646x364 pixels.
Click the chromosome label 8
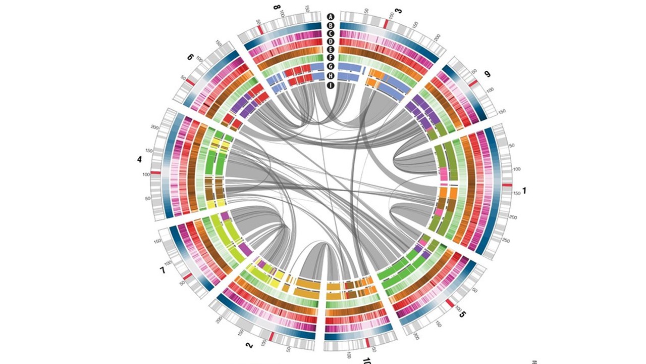click(276, 8)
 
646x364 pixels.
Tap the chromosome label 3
click(398, 11)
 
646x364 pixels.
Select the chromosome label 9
click(487, 74)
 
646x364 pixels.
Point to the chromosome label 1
click(524, 191)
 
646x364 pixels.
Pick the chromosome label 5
click(463, 314)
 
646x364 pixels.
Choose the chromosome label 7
click(163, 271)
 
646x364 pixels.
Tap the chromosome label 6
click(190, 57)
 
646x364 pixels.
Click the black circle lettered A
click(331, 17)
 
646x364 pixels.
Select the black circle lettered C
click(331, 33)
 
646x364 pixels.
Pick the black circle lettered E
click(331, 50)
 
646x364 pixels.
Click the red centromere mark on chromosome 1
click(507, 185)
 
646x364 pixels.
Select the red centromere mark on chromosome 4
click(155, 173)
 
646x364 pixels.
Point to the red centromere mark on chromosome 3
click(386, 24)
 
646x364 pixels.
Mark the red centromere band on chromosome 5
click(449, 302)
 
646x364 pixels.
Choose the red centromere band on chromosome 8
click(260, 30)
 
